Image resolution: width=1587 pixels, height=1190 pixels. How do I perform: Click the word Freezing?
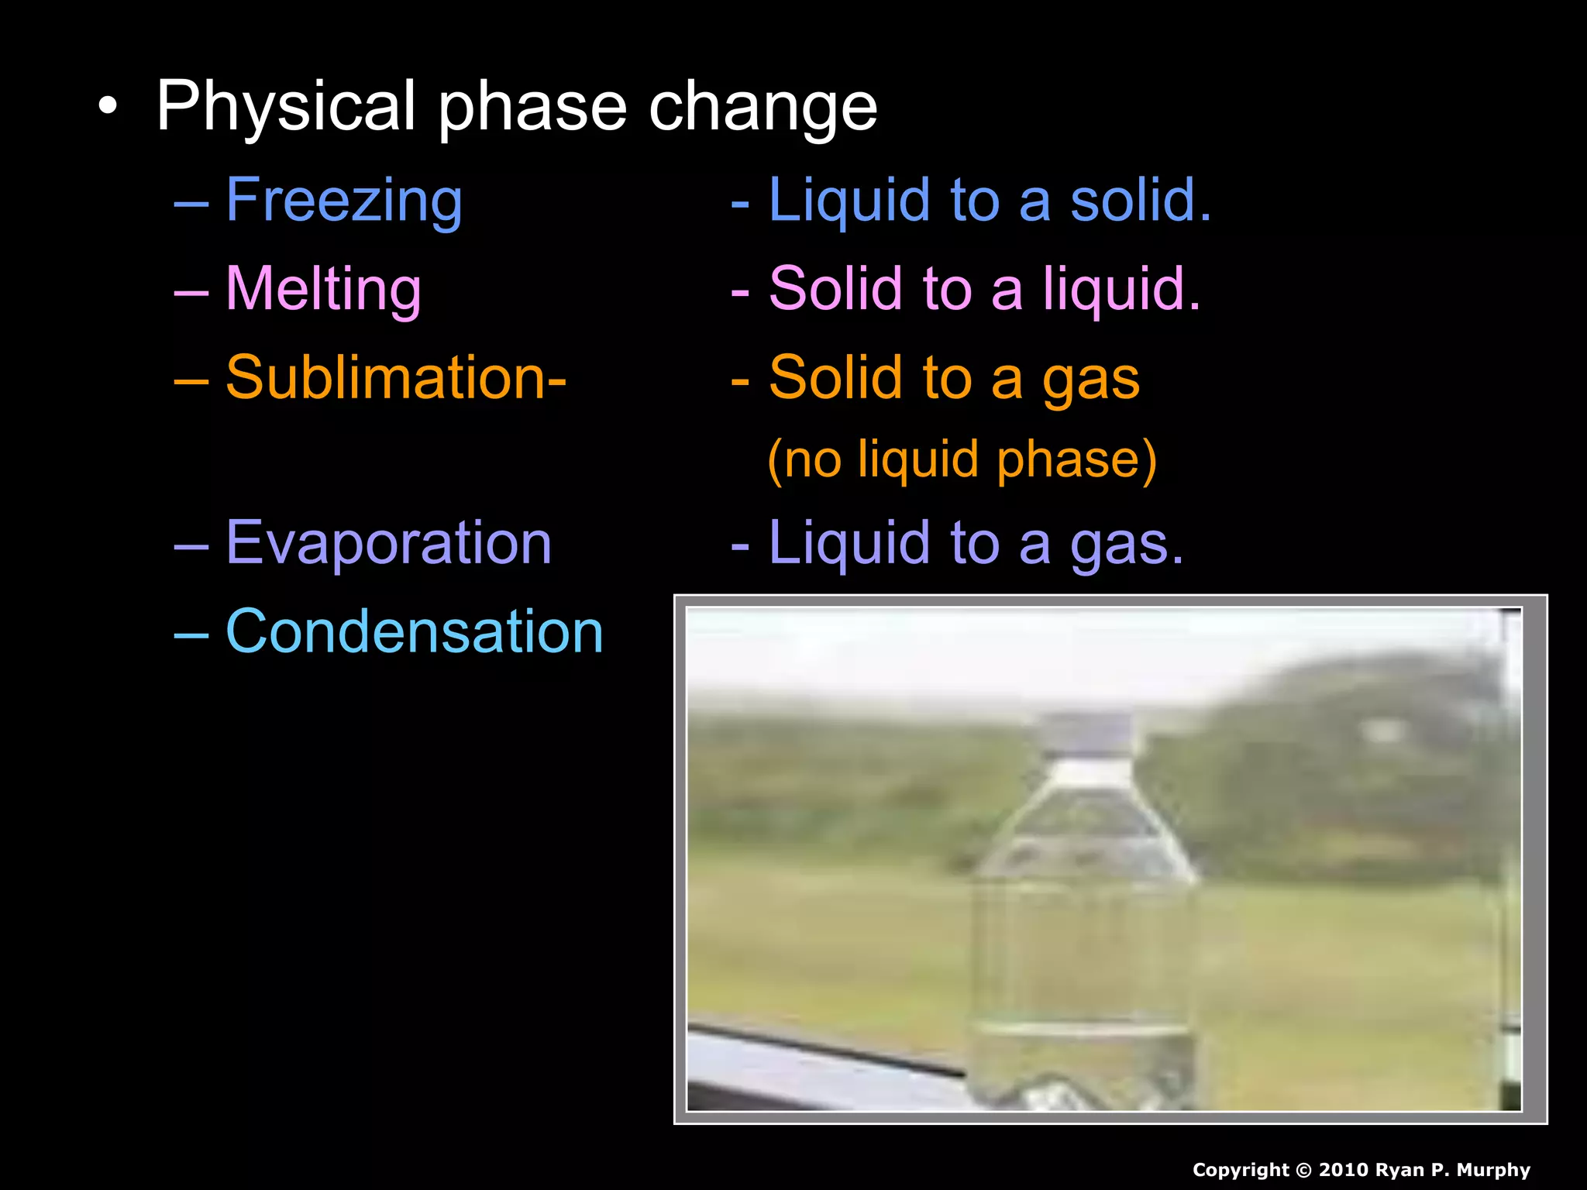pos(344,201)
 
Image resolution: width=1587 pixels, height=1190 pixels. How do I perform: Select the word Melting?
pos(323,289)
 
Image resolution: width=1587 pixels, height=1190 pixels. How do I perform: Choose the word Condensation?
pos(414,631)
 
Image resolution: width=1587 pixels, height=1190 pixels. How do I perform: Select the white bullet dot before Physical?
pos(109,108)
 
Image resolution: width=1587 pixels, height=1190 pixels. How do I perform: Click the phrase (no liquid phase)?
pos(962,459)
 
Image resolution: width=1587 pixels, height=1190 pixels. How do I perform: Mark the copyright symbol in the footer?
pos(1304,1170)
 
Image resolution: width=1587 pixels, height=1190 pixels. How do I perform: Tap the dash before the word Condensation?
pos(191,633)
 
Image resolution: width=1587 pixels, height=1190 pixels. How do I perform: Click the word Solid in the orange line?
pos(835,377)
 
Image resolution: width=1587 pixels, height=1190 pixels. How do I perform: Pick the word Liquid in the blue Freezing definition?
pos(849,200)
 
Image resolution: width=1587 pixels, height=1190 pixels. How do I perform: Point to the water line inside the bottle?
pos(1081,1028)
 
